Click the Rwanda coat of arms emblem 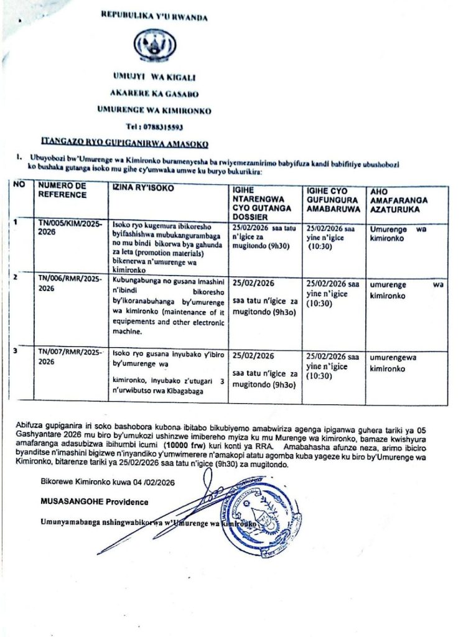click(155, 47)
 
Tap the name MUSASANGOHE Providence click(86, 501)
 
